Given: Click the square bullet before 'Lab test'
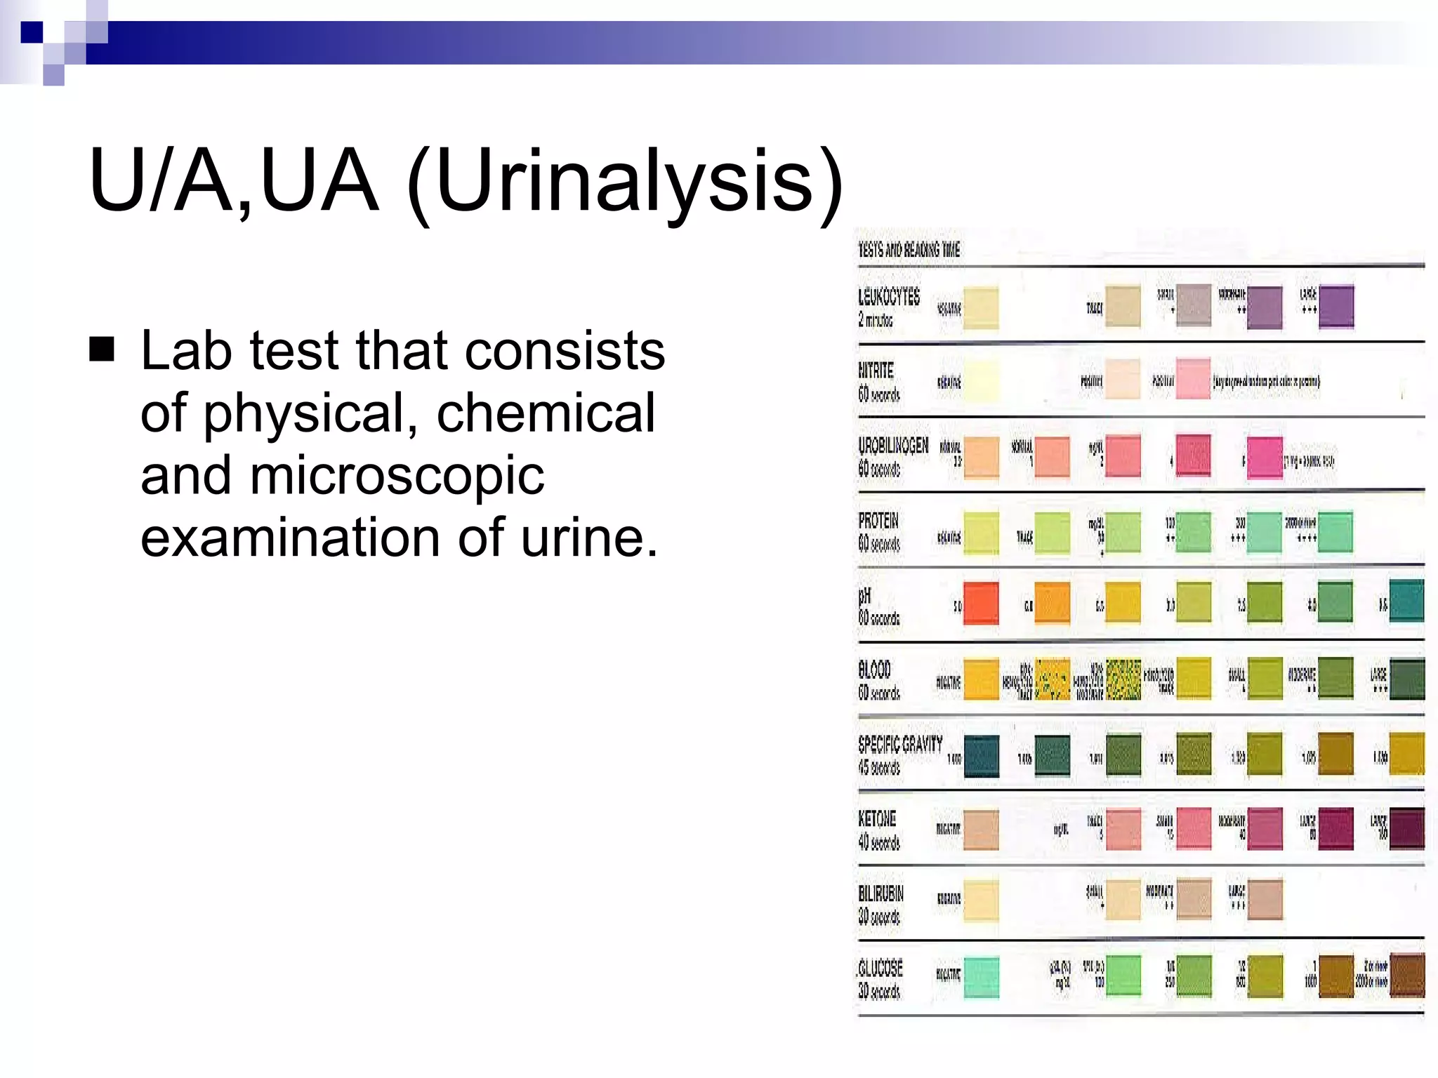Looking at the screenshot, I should [x=103, y=349].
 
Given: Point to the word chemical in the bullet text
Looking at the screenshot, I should [x=546, y=414].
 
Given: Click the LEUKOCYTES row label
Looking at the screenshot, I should [x=888, y=298].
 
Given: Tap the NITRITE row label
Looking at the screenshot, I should [x=876, y=371].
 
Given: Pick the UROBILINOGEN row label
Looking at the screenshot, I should [x=893, y=446].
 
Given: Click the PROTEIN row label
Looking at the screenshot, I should [x=878, y=521].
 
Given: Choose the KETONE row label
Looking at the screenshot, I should [x=877, y=819].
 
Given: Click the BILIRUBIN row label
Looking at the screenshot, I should [x=880, y=894].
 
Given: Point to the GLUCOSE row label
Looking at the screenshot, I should [x=880, y=969].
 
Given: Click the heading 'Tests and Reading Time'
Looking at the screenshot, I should [x=909, y=250].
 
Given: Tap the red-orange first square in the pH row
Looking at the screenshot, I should [x=981, y=604].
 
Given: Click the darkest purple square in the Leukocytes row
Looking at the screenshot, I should [x=1336, y=307].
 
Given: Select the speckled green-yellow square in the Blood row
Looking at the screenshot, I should [x=1123, y=679].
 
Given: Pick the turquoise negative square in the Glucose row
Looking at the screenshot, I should [x=981, y=977].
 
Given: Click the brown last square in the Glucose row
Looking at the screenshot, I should [x=1406, y=976].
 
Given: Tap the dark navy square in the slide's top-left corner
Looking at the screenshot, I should [x=32, y=32].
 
